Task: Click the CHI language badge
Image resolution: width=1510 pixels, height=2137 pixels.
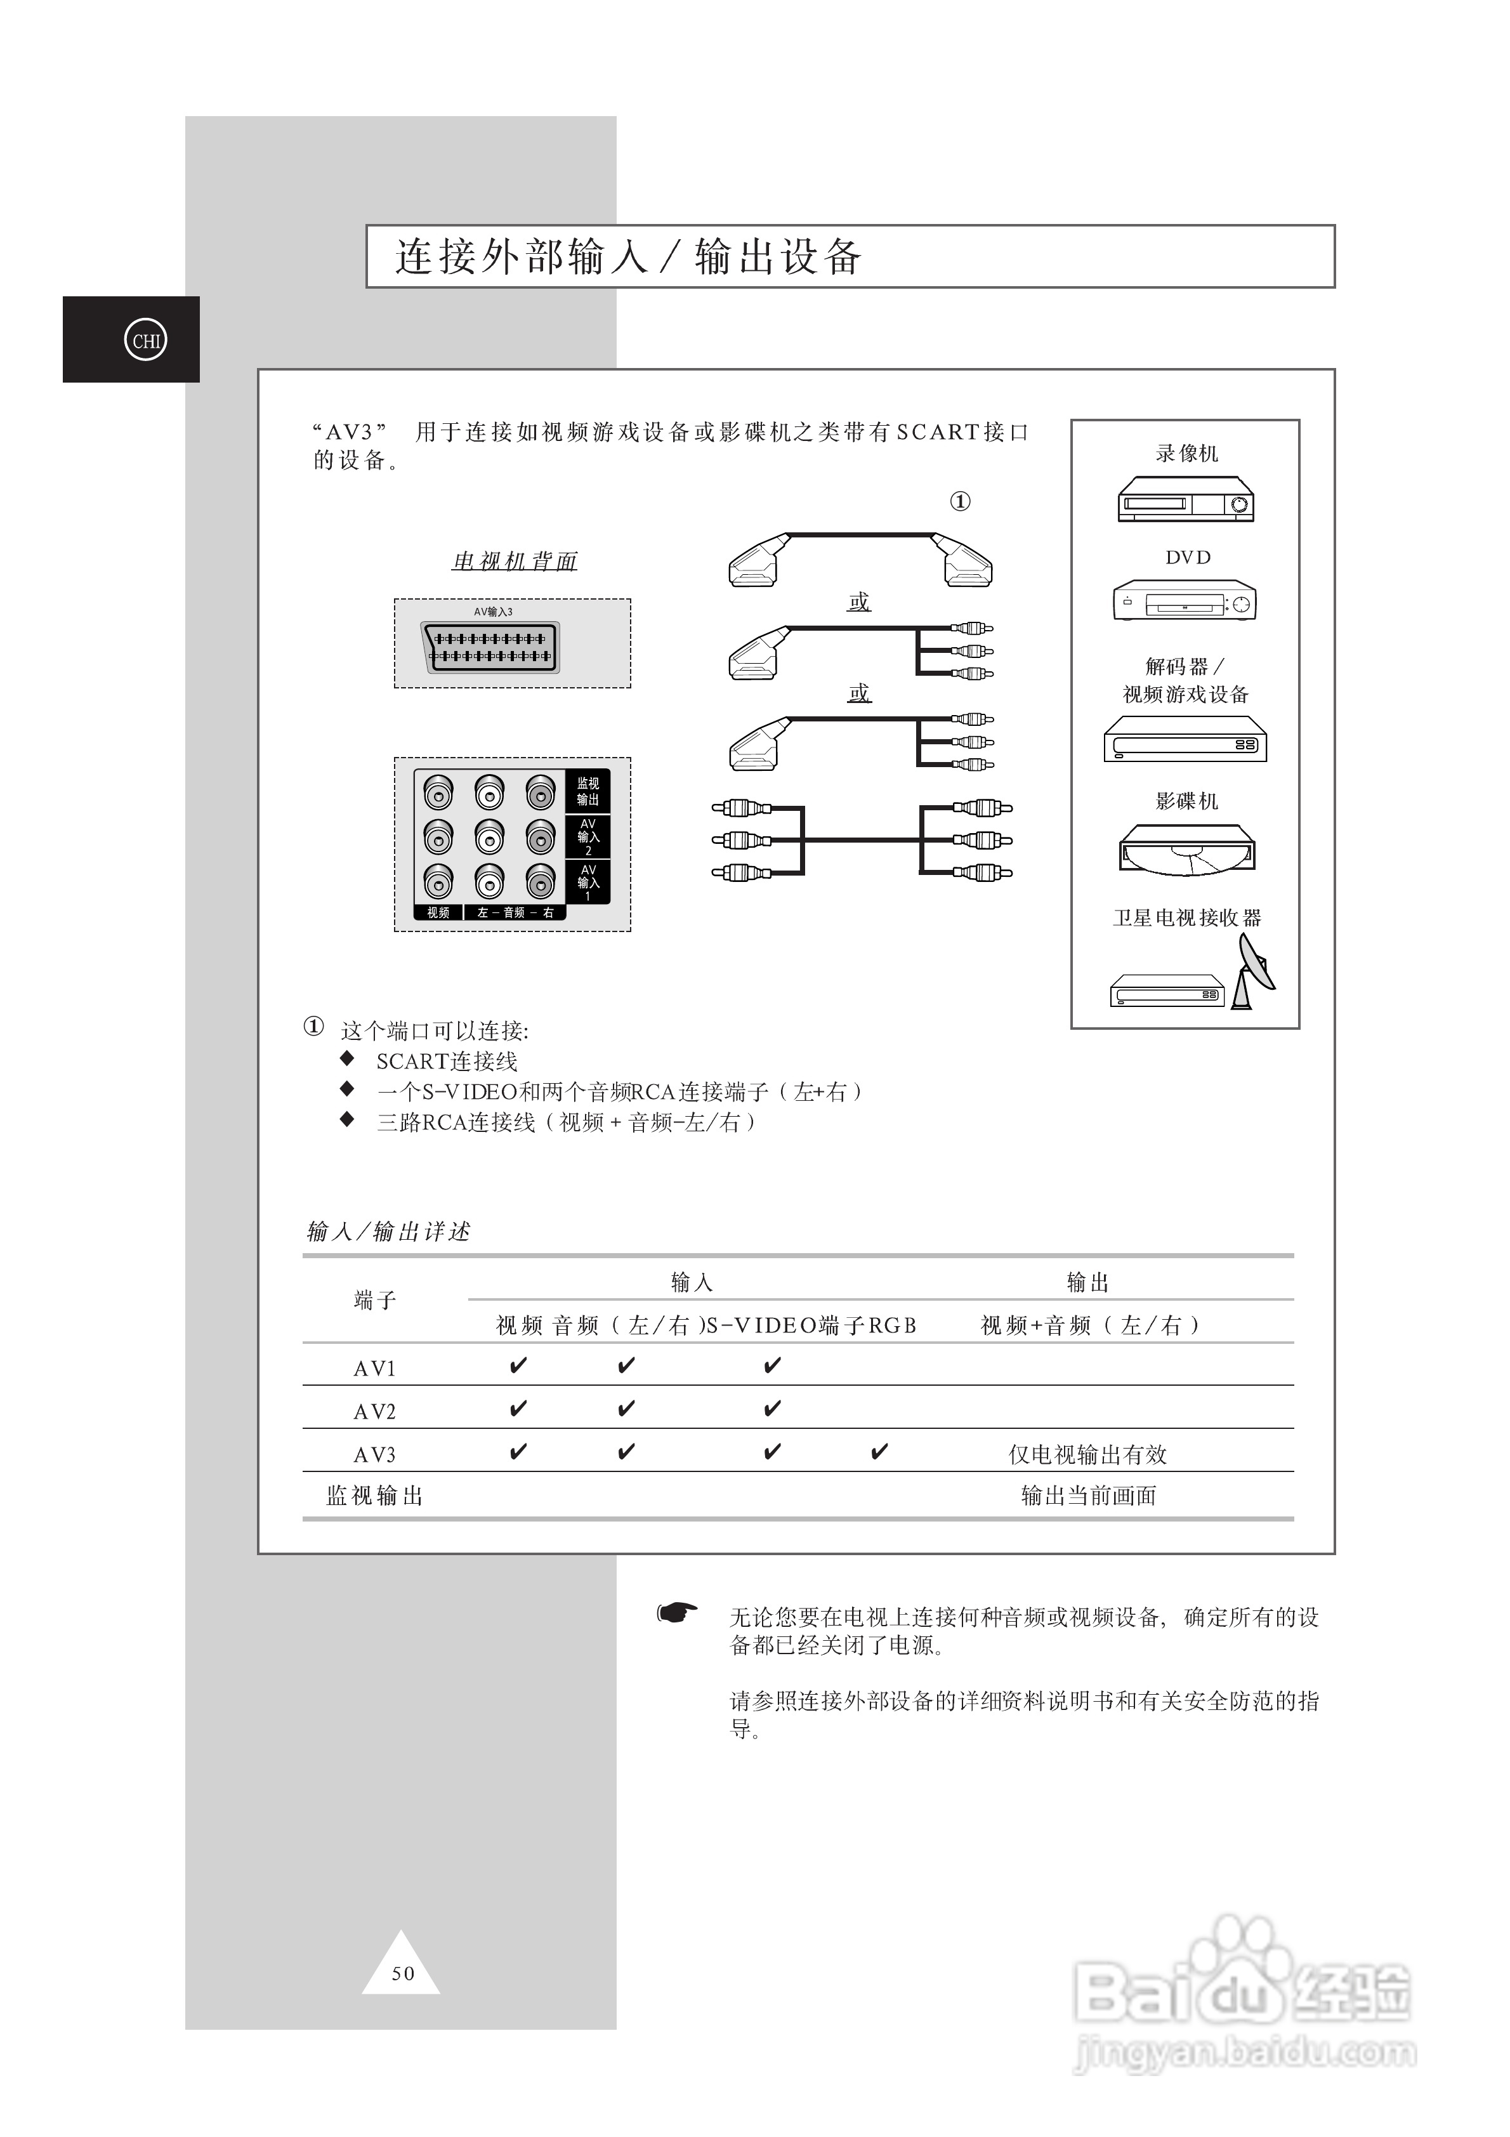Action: tap(145, 341)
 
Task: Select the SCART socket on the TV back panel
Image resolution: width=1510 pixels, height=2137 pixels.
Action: tap(490, 647)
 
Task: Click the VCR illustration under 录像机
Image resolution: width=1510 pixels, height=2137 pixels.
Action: tap(1185, 500)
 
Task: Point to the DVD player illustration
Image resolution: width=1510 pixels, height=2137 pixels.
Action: tap(1184, 602)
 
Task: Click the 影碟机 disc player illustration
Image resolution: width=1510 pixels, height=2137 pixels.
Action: tap(1186, 850)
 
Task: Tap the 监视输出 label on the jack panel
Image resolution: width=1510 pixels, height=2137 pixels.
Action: tap(588, 791)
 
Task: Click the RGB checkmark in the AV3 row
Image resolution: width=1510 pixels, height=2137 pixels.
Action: tap(879, 1452)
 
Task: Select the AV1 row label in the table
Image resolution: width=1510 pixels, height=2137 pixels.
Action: tap(374, 1368)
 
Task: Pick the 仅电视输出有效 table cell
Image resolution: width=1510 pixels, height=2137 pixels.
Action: tap(1087, 1454)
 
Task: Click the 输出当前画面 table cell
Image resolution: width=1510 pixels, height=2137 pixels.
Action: tap(1088, 1496)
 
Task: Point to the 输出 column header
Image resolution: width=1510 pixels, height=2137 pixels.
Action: tap(1087, 1282)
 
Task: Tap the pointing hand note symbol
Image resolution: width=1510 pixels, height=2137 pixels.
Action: tap(677, 1612)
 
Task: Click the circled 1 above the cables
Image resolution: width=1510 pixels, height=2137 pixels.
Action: tap(960, 502)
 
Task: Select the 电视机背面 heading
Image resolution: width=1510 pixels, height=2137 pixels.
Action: tap(514, 562)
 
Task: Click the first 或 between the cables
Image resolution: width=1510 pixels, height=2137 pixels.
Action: tap(858, 602)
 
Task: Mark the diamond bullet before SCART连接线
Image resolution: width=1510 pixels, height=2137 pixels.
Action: tap(347, 1058)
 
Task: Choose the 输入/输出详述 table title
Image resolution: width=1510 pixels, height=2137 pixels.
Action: tap(388, 1232)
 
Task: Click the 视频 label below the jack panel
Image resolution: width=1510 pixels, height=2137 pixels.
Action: tap(438, 912)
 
